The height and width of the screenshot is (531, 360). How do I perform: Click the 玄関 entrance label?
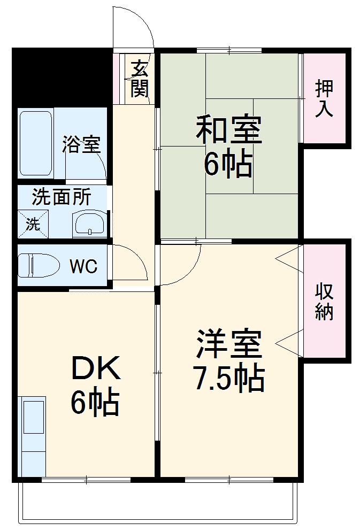click(139, 79)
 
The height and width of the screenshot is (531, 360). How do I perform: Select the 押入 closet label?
click(324, 98)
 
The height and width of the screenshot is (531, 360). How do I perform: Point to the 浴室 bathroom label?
click(81, 144)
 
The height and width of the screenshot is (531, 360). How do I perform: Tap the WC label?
click(84, 266)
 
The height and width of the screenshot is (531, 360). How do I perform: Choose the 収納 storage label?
click(324, 302)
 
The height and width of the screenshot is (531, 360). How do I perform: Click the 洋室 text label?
click(228, 345)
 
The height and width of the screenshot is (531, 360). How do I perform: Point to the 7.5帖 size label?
click(228, 379)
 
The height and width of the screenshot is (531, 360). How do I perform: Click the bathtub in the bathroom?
click(36, 143)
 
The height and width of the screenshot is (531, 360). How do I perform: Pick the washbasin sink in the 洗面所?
click(90, 222)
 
